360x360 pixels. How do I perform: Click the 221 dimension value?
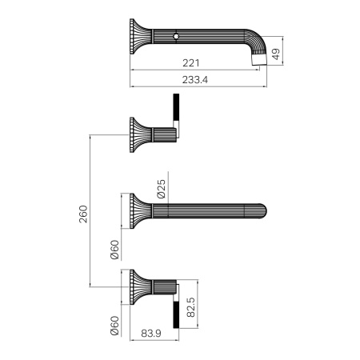pos(191,63)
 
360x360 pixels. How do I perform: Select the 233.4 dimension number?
pos(195,79)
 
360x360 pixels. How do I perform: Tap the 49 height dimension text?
pos(277,54)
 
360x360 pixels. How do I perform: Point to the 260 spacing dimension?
pos(83,214)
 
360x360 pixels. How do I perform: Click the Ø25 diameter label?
pos(162,189)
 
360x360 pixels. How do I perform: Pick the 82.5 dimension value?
pos(190,307)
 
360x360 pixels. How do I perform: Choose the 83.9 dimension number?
pos(151,333)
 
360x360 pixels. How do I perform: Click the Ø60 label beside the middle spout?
pos(114,250)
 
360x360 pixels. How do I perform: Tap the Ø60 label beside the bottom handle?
pos(114,326)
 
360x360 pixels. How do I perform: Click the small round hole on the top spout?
pos(176,36)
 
